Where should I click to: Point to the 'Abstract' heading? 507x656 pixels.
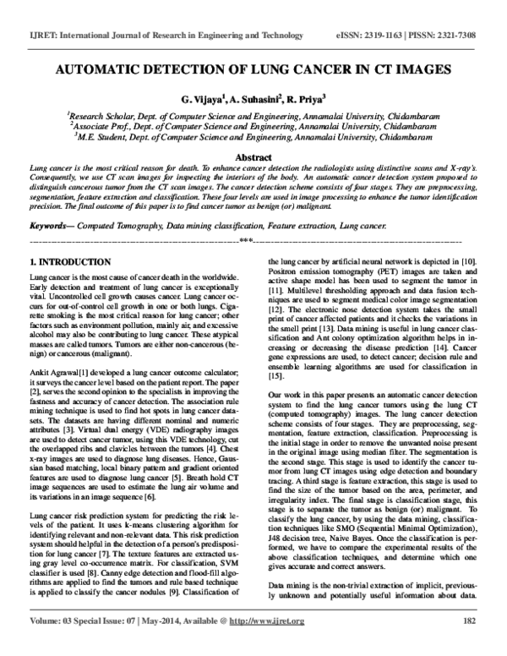click(253, 158)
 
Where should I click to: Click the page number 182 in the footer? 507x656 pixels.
click(469, 645)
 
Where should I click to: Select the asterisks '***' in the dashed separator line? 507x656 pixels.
click(246, 243)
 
